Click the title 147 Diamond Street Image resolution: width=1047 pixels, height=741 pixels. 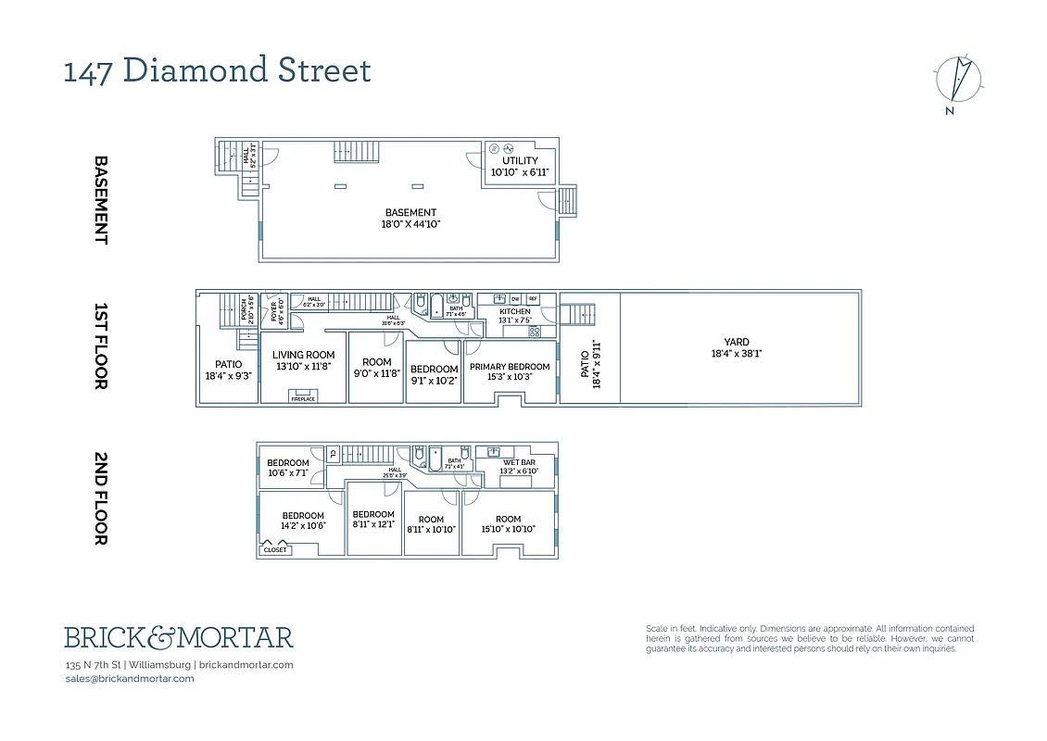pos(217,70)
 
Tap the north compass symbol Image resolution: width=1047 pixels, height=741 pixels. pos(959,80)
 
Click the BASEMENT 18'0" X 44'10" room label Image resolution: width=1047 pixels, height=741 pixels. pos(410,218)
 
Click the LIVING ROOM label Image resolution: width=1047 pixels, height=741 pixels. pos(303,360)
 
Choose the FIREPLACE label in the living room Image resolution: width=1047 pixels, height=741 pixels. pos(303,398)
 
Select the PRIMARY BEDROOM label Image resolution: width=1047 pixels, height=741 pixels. pos(510,371)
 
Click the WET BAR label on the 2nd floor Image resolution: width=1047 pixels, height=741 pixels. pos(519,466)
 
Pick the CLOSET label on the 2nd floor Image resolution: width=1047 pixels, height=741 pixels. pos(275,550)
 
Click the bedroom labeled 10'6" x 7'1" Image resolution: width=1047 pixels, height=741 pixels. pos(287,468)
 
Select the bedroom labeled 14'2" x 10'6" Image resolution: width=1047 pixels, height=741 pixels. pos(303,521)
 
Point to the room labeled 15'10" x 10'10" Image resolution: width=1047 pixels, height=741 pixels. pos(508,524)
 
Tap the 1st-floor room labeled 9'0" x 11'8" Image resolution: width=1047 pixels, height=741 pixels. pos(377,368)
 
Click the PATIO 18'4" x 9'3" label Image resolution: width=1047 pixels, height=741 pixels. pos(228,370)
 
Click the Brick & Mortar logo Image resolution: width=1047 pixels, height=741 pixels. pos(179,637)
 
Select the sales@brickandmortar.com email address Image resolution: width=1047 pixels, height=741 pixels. pos(130,678)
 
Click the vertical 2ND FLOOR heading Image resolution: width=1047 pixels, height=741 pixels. pos(101,498)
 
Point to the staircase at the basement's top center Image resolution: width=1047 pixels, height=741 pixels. pos(358,151)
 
